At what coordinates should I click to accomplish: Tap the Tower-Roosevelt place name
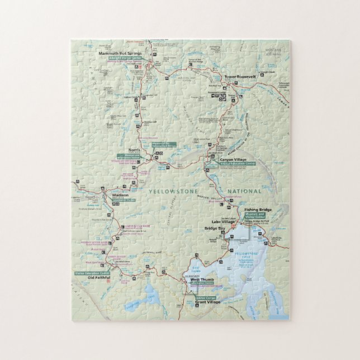(x=240, y=77)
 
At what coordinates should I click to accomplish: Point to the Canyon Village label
(x=233, y=159)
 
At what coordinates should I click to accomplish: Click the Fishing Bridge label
(x=258, y=209)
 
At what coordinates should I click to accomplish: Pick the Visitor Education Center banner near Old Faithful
(x=92, y=273)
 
